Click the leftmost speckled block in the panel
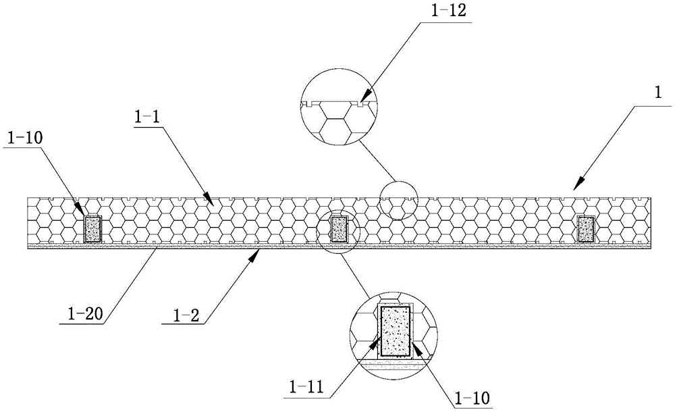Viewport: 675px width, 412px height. [x=92, y=229]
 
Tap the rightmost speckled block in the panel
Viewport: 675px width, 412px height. [x=586, y=228]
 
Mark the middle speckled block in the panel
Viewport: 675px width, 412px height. [x=338, y=229]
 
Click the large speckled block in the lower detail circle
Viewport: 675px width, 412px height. [x=396, y=331]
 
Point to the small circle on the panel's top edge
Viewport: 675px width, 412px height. [x=398, y=200]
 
